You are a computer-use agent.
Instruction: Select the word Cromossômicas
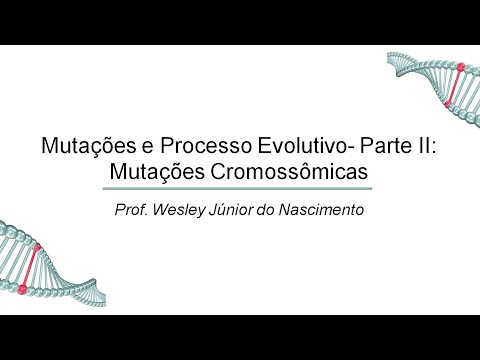(304, 171)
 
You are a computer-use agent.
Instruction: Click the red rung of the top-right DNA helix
(459, 84)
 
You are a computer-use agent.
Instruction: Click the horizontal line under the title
(239, 188)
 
